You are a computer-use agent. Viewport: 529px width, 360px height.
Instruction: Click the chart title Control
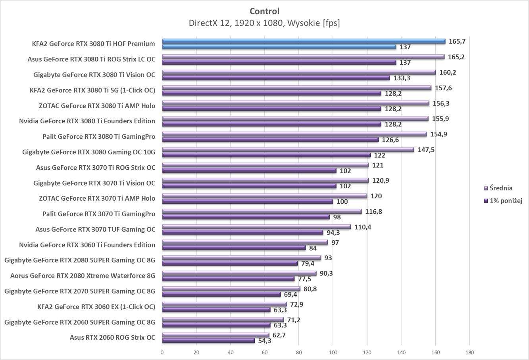[264, 11]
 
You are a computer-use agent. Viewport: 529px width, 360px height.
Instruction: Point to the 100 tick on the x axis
[333, 352]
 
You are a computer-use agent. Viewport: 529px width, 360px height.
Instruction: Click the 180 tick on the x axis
[469, 352]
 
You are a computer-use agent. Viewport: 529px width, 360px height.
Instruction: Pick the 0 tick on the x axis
[162, 352]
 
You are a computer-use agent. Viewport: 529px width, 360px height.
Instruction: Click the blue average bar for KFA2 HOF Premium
[304, 41]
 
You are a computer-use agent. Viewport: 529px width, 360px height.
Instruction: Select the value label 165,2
[456, 57]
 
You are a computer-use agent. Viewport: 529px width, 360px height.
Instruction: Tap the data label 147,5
[426, 150]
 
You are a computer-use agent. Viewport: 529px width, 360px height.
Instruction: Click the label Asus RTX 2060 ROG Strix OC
[112, 338]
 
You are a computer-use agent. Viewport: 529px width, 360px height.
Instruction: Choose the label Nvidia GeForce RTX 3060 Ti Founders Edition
[87, 245]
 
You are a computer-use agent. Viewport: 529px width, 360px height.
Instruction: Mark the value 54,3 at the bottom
[265, 341]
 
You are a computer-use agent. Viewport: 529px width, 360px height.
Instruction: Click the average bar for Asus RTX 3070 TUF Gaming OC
[256, 227]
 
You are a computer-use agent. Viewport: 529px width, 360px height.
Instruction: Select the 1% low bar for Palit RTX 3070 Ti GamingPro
[246, 217]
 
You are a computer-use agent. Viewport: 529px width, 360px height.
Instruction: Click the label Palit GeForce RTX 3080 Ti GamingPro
[99, 136]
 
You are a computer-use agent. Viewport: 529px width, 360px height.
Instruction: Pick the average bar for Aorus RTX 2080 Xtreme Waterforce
[239, 274]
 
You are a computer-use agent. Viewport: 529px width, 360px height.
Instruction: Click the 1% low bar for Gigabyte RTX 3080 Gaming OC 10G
[266, 155]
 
